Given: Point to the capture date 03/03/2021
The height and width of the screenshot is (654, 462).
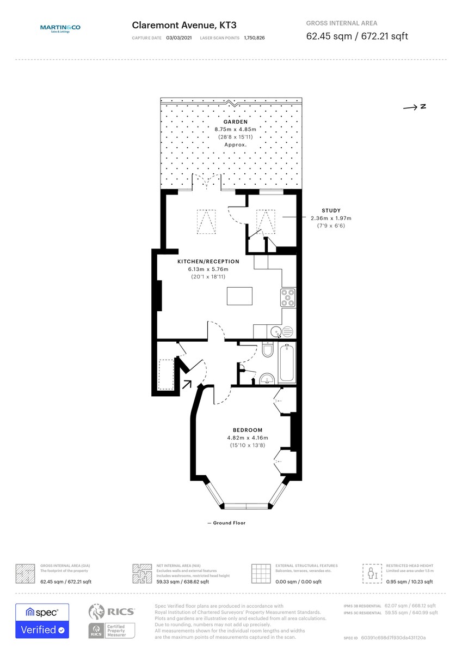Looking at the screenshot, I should pyautogui.click(x=179, y=38).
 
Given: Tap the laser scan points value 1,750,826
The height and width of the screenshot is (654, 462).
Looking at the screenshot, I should pyautogui.click(x=255, y=38).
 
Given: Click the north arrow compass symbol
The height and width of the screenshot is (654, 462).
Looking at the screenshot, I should pyautogui.click(x=414, y=107).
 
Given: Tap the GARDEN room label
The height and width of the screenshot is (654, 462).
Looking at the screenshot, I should pyautogui.click(x=235, y=122).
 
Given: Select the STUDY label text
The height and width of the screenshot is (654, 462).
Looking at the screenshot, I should pyautogui.click(x=331, y=210).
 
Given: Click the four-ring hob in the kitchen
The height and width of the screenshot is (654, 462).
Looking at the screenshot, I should pyautogui.click(x=287, y=298).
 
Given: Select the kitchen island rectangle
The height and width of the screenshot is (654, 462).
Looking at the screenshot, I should pyautogui.click(x=239, y=296).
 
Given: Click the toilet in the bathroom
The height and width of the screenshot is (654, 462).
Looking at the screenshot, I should pyautogui.click(x=267, y=350).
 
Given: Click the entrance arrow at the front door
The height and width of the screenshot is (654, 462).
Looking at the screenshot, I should pyautogui.click(x=187, y=384).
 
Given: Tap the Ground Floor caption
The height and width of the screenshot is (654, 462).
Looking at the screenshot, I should pyautogui.click(x=226, y=523).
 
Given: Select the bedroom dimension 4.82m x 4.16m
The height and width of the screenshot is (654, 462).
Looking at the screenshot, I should pyautogui.click(x=248, y=438).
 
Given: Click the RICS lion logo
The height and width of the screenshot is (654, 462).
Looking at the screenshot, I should pyautogui.click(x=96, y=612).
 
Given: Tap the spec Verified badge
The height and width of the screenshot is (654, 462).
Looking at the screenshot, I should pyautogui.click(x=42, y=621).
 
